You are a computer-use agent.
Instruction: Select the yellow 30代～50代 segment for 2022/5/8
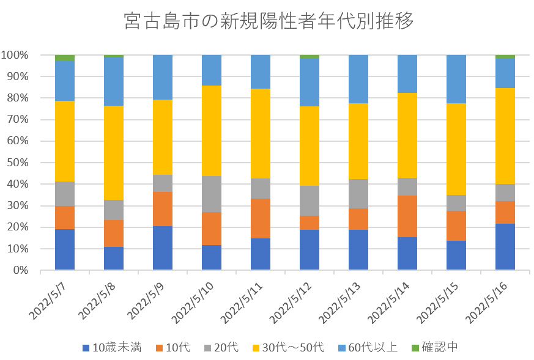[x=114, y=153]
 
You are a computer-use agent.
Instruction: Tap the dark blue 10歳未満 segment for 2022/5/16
[x=505, y=247]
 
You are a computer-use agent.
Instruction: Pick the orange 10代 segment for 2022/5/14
[x=407, y=216]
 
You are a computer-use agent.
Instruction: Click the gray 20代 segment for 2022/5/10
[x=212, y=194]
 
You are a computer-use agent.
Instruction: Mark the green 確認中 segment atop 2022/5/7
[x=65, y=58]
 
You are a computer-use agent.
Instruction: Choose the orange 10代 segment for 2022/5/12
[x=310, y=223]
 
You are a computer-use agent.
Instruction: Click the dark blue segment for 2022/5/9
[x=163, y=248]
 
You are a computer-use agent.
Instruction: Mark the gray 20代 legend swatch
[x=209, y=348]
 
